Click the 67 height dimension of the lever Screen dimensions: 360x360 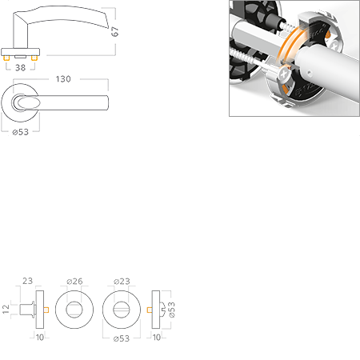point(115,31)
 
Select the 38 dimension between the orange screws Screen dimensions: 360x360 point(20,68)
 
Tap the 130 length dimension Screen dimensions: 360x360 point(63,79)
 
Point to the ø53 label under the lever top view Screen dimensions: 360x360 point(21,132)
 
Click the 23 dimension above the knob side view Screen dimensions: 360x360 point(27,281)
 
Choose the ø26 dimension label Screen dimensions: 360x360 point(74,281)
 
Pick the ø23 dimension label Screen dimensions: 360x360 point(122,281)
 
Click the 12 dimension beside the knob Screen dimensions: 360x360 point(6,309)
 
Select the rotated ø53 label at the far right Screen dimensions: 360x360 point(172,310)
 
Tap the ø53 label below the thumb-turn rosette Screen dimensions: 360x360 point(122,338)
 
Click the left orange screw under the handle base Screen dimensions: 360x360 point(6,58)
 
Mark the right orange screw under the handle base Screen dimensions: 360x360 point(34,58)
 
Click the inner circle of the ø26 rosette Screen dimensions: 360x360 point(74,310)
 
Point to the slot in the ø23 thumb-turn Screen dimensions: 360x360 point(122,310)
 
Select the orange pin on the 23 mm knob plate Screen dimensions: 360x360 point(46,310)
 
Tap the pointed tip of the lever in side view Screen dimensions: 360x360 point(108,27)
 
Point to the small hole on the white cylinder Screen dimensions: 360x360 point(309,72)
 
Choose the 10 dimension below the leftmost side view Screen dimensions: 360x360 point(40,338)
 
